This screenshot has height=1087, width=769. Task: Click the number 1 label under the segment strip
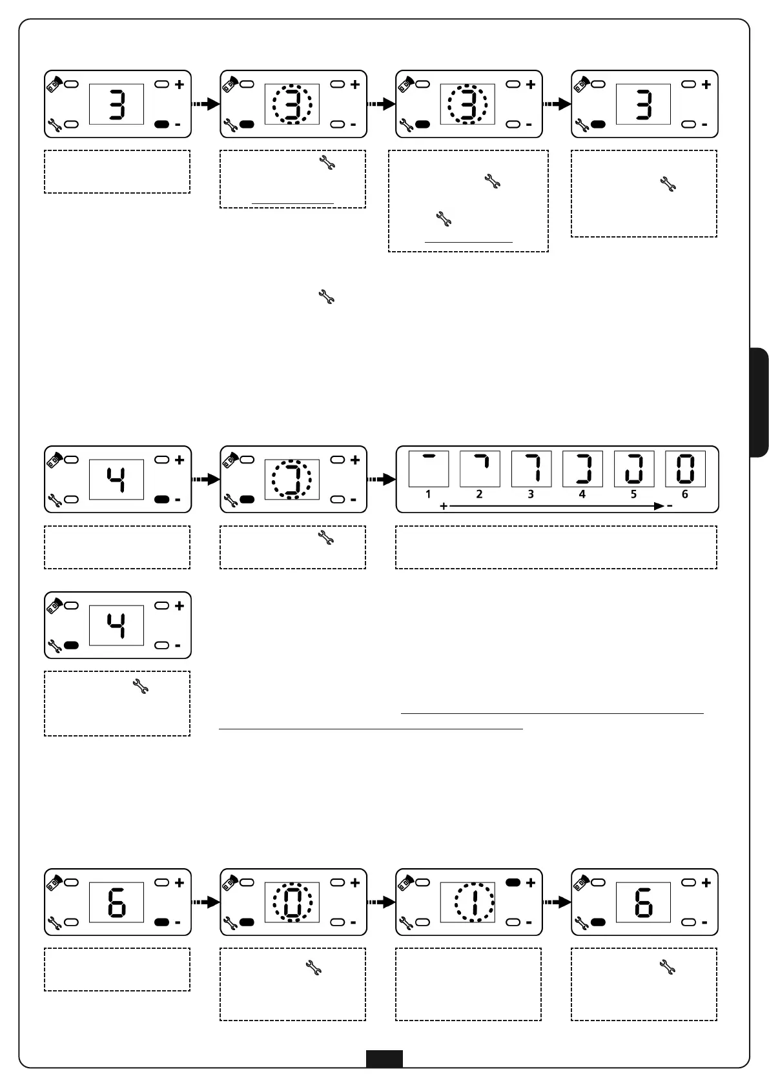[x=428, y=494]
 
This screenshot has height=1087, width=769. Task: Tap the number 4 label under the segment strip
[x=582, y=494]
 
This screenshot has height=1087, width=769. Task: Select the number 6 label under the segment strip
[x=685, y=494]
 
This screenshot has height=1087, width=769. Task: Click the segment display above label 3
[x=531, y=469]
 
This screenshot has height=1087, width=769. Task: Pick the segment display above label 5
[x=633, y=469]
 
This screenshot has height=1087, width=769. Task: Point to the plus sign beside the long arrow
[x=444, y=507]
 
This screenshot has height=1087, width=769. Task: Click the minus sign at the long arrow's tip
[x=670, y=506]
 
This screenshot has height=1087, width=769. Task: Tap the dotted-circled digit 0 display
[x=292, y=902]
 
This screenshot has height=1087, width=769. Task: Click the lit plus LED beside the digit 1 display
[x=513, y=882]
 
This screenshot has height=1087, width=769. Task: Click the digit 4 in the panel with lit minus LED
[x=116, y=480]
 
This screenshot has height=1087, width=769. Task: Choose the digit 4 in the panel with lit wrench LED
[x=116, y=625]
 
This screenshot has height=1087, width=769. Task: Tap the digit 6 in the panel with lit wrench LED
[x=643, y=902]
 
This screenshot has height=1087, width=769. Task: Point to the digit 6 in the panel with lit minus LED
[x=116, y=902]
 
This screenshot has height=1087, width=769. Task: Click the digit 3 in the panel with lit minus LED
[x=116, y=105]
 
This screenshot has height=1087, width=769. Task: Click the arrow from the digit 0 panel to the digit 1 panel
[x=381, y=902]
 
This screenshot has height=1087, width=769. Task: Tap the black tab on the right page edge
[x=759, y=402]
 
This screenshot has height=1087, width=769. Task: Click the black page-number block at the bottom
[x=384, y=1058]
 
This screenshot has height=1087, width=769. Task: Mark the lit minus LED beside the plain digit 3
[x=161, y=124]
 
